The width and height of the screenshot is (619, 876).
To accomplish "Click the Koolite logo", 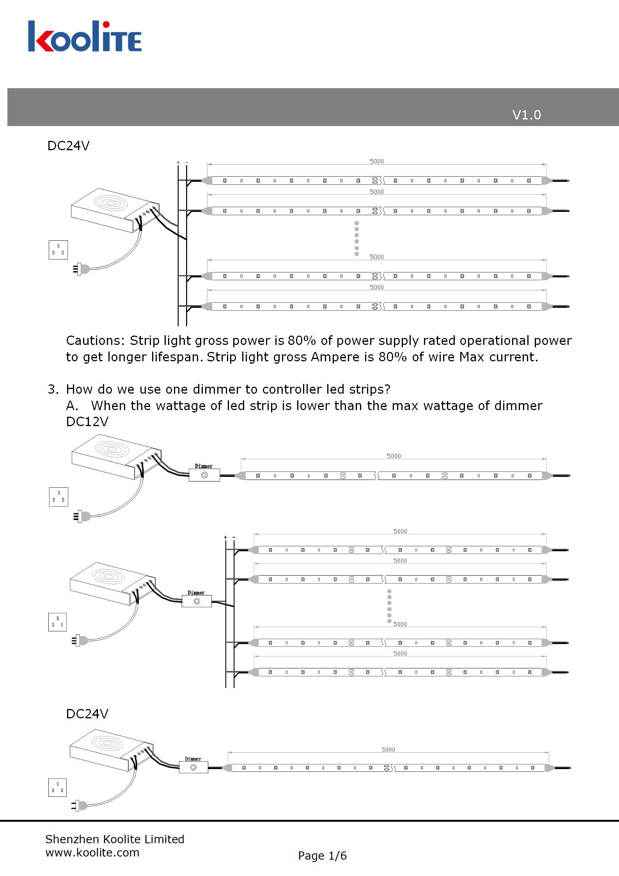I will point(85,37).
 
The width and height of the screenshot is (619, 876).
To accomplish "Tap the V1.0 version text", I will point(526,115).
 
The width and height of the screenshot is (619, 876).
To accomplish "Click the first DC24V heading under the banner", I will point(68,146).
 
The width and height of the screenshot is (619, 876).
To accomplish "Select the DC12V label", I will point(87,422).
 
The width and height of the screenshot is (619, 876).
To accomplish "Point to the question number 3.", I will point(53,389).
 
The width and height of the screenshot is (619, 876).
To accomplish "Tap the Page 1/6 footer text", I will point(322,856).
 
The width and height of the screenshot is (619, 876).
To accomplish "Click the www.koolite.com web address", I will point(92,853).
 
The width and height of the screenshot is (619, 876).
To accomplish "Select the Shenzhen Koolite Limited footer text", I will point(115,839).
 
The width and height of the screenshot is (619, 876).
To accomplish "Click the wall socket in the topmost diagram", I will point(58,250).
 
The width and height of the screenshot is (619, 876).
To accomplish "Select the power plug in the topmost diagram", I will point(81,269).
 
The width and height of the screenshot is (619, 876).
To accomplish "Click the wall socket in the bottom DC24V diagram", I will point(57,787).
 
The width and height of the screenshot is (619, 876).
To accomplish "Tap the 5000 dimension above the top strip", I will point(376,161).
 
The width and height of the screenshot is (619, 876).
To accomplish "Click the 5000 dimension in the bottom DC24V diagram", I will point(388,750).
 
